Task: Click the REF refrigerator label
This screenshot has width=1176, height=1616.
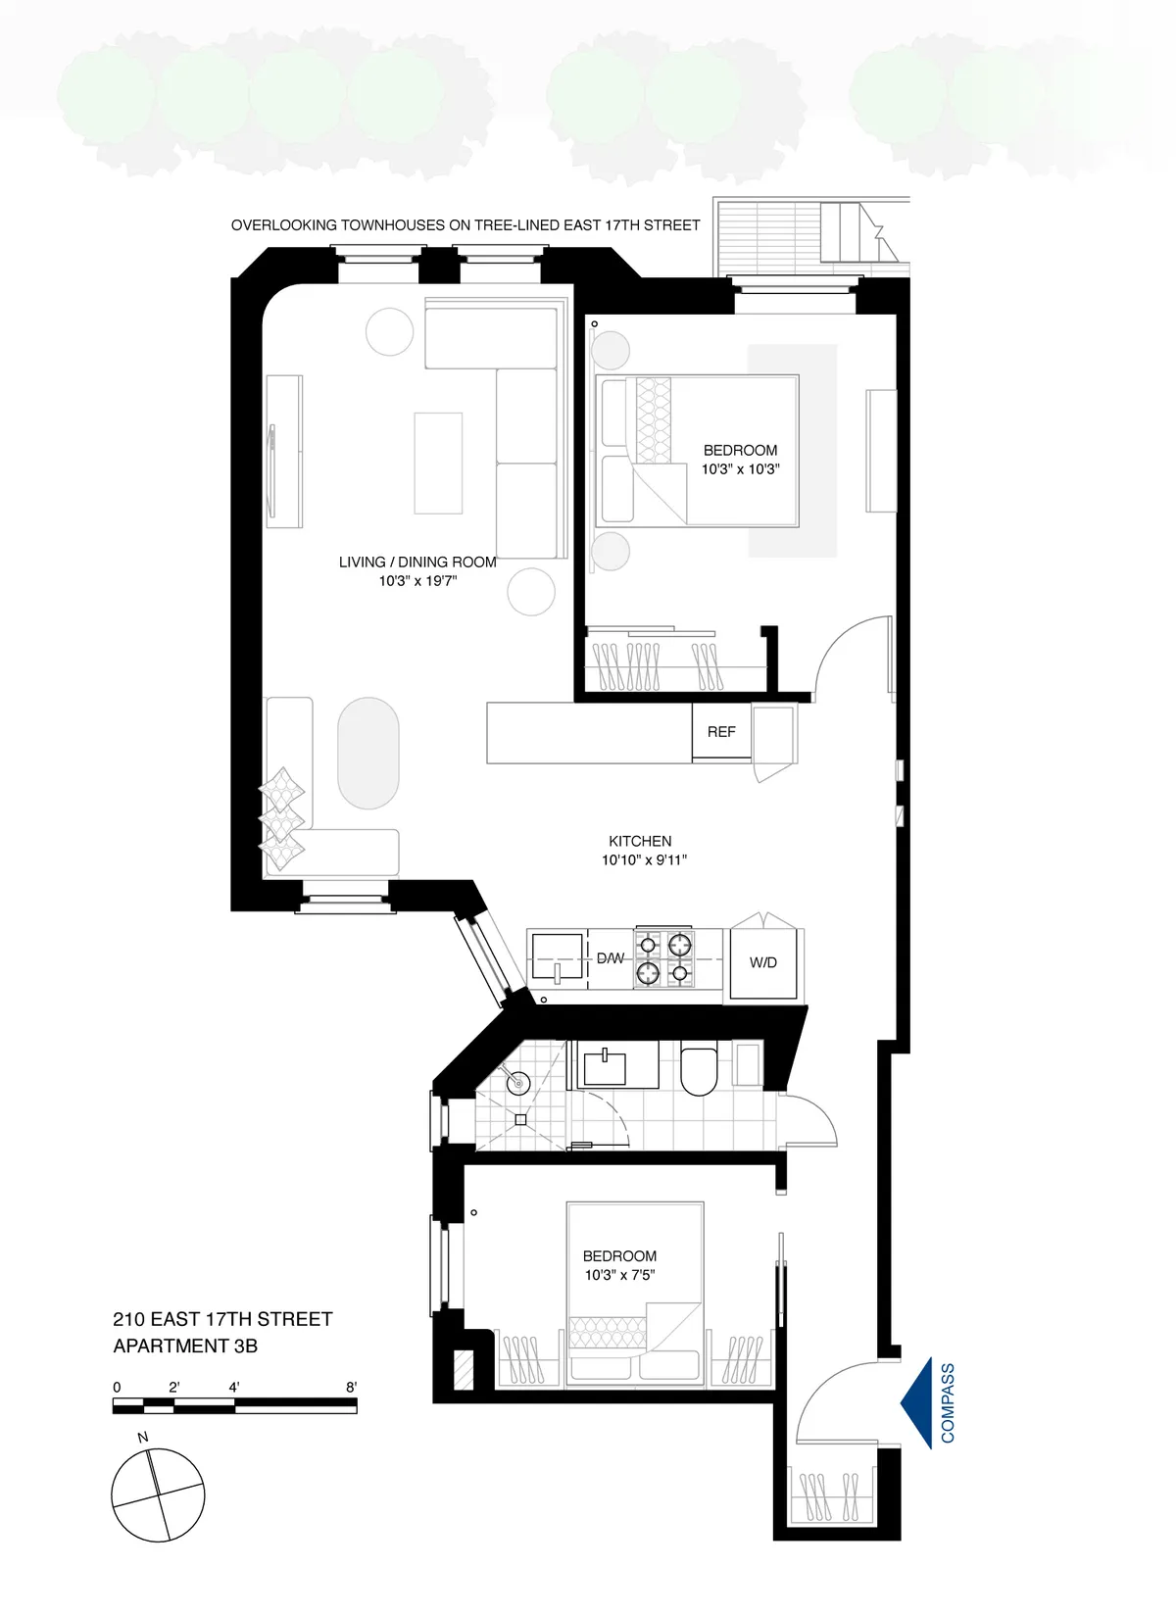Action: [x=721, y=732]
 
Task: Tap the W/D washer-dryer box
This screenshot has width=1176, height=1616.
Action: [x=763, y=963]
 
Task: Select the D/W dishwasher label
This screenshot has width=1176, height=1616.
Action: [x=611, y=958]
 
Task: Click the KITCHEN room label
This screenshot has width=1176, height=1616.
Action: [x=640, y=841]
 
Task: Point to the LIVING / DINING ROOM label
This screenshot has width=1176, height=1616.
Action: [x=417, y=563]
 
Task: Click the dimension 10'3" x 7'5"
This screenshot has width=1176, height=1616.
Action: [x=619, y=1275]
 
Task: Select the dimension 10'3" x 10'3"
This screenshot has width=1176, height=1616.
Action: [x=740, y=469]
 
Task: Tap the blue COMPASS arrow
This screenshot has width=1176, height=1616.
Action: [x=917, y=1403]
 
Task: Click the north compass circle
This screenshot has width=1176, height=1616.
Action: [x=158, y=1494]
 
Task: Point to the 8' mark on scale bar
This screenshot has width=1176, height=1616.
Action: [x=351, y=1388]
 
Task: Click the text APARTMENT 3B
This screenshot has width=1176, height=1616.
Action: [x=185, y=1347]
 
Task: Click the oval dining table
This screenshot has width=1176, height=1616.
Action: [x=368, y=753]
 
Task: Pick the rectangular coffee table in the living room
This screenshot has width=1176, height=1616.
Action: [x=437, y=463]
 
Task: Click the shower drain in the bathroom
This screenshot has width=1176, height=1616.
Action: [x=521, y=1119]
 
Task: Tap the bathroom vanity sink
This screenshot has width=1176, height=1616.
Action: [x=606, y=1065]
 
